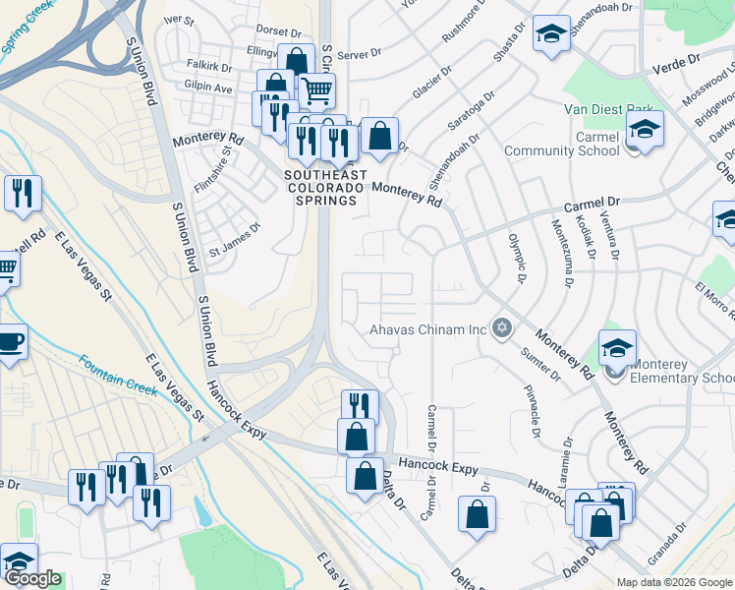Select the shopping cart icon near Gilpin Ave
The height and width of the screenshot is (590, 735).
(x=316, y=91)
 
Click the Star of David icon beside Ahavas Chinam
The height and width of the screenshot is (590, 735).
(x=502, y=328)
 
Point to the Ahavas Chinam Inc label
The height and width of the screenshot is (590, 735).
(x=428, y=329)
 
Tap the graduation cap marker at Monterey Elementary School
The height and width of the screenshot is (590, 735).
(x=617, y=348)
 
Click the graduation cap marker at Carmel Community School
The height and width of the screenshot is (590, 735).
(x=645, y=129)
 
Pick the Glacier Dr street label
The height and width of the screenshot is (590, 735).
(x=430, y=80)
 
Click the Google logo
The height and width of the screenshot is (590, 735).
(x=32, y=578)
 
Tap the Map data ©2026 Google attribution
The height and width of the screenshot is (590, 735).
(x=674, y=581)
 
